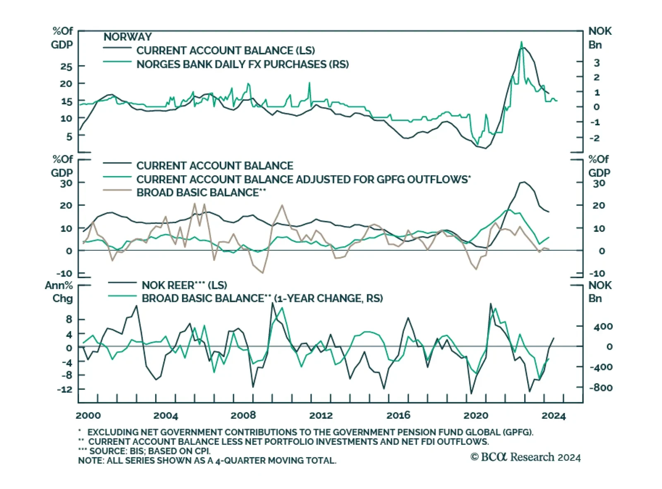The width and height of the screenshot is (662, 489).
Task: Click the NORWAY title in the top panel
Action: coord(127,37)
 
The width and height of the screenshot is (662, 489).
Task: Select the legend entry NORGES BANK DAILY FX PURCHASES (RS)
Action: coord(242,64)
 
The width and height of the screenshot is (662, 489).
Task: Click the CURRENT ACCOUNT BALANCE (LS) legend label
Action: coord(225,50)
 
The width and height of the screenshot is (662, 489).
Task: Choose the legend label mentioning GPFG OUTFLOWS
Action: coord(303,179)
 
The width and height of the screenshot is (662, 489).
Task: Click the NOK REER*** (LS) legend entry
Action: coord(184,285)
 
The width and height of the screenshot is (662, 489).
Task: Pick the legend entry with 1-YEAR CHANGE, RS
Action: coord(262,298)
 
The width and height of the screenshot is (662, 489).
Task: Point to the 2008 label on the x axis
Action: coord(243,415)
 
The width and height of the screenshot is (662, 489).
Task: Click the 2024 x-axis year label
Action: coord(554,415)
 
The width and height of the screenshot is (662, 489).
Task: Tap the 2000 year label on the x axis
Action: coord(89,415)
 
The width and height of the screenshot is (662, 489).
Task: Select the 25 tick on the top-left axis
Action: coord(66,67)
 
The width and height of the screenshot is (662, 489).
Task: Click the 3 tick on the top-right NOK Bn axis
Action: coord(597,63)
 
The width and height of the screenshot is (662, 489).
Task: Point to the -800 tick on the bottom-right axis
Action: coord(601,388)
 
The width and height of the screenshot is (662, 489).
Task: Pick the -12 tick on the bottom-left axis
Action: coord(64,389)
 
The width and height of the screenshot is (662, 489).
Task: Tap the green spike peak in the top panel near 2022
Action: coord(521,42)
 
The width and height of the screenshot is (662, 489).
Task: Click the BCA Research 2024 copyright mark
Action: coord(525,457)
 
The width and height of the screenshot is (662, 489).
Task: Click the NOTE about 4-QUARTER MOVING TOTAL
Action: coord(207,460)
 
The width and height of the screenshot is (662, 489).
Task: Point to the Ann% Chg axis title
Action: coord(59,292)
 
